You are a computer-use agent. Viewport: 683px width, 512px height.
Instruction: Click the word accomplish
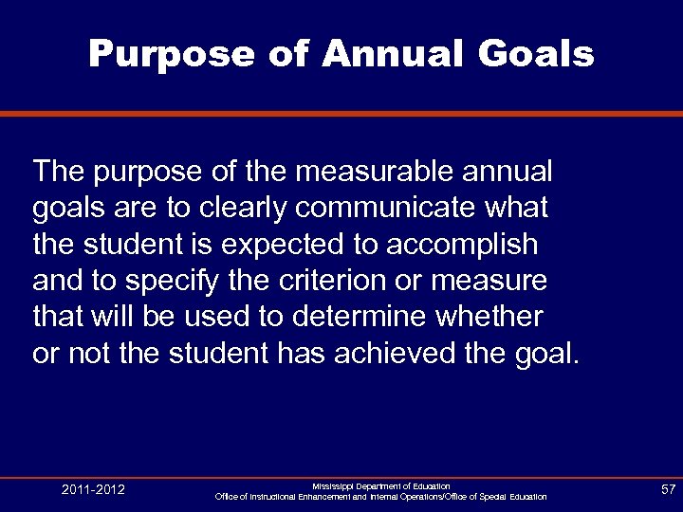click(x=464, y=245)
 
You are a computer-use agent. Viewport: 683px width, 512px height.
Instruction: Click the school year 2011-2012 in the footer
click(x=94, y=490)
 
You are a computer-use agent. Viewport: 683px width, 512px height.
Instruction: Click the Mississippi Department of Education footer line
click(x=381, y=485)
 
